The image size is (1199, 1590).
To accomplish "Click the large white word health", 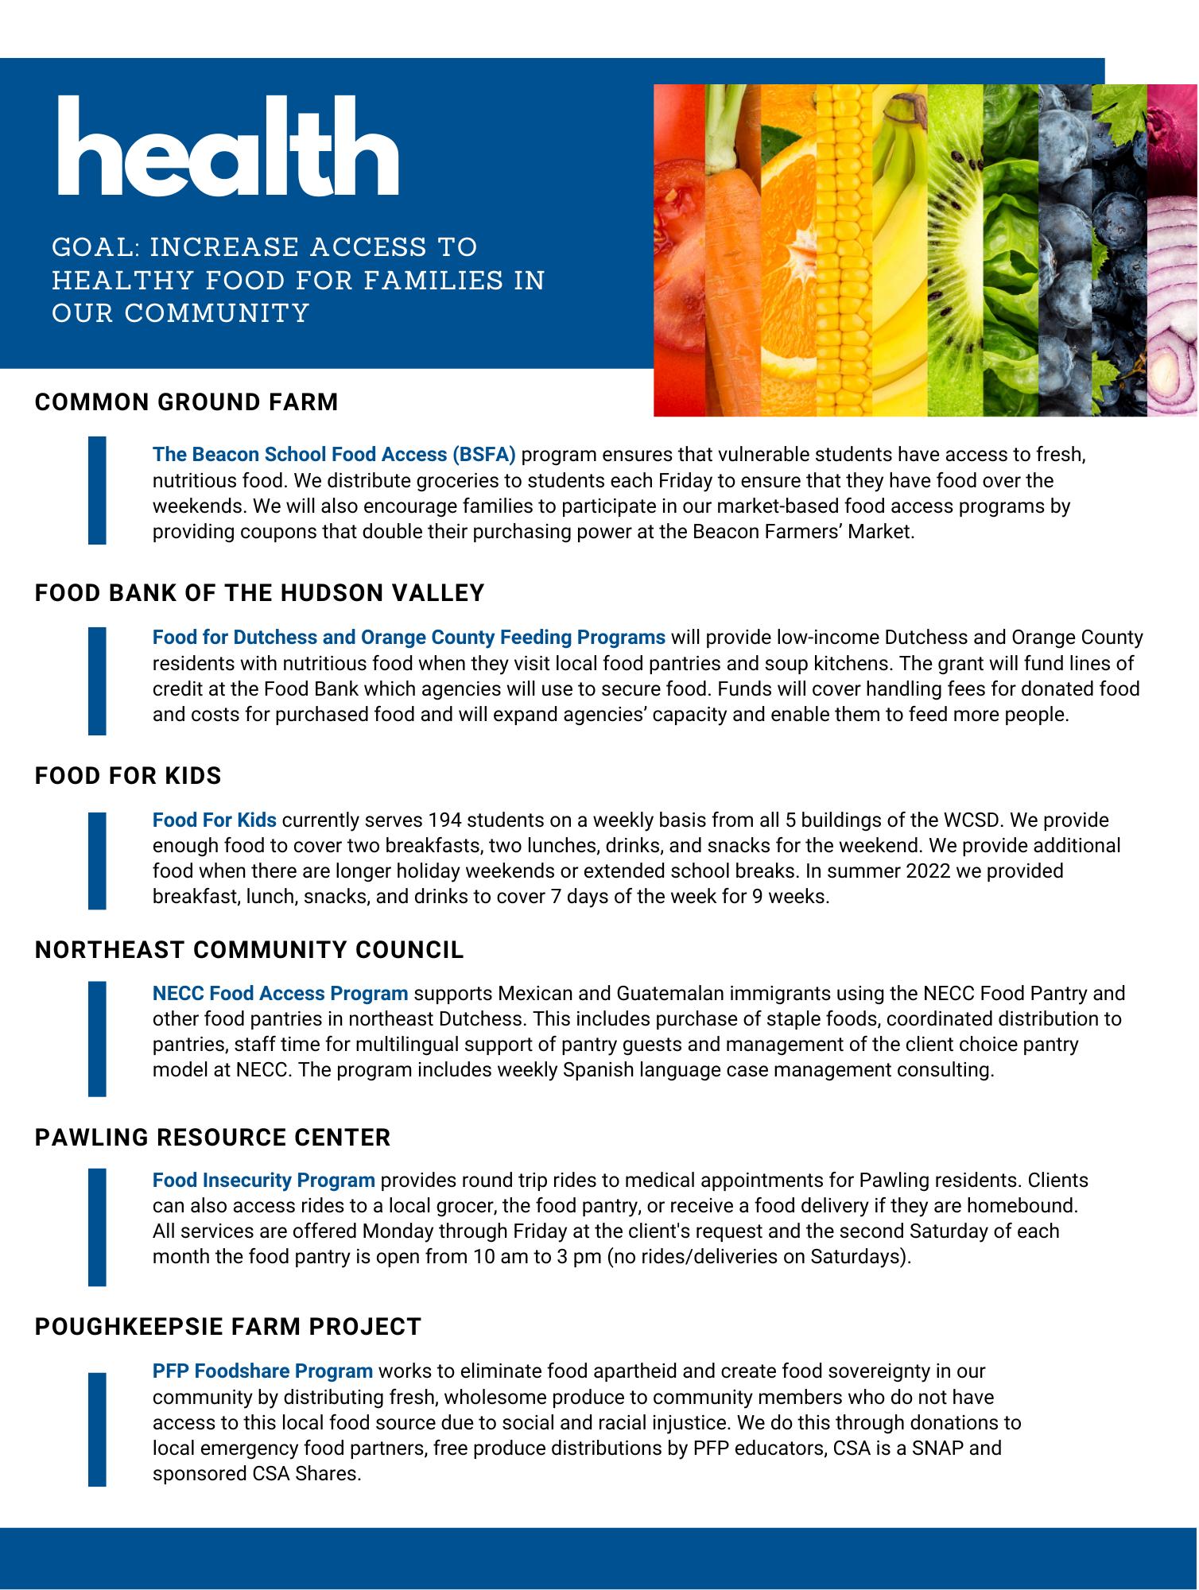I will click(x=227, y=147).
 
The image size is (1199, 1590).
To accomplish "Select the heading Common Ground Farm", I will click(x=186, y=402).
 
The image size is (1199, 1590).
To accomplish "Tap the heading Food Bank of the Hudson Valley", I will click(x=259, y=593).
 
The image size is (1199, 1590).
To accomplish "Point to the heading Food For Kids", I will click(x=128, y=776).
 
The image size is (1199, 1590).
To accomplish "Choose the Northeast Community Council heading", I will click(x=249, y=950).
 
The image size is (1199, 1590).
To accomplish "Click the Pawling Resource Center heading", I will click(x=212, y=1138).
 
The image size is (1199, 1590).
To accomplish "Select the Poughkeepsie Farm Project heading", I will click(x=227, y=1327).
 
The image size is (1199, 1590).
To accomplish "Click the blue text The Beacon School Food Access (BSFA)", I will click(x=334, y=455).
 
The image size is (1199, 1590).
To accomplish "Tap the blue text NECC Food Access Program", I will click(x=280, y=994).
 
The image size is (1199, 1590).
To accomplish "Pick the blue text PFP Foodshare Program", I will click(x=262, y=1371).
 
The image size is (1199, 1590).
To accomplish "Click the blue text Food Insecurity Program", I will click(x=263, y=1181).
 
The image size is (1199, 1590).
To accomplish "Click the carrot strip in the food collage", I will click(x=731, y=262).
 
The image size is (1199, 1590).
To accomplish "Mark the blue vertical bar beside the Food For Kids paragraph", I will click(x=97, y=860).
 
